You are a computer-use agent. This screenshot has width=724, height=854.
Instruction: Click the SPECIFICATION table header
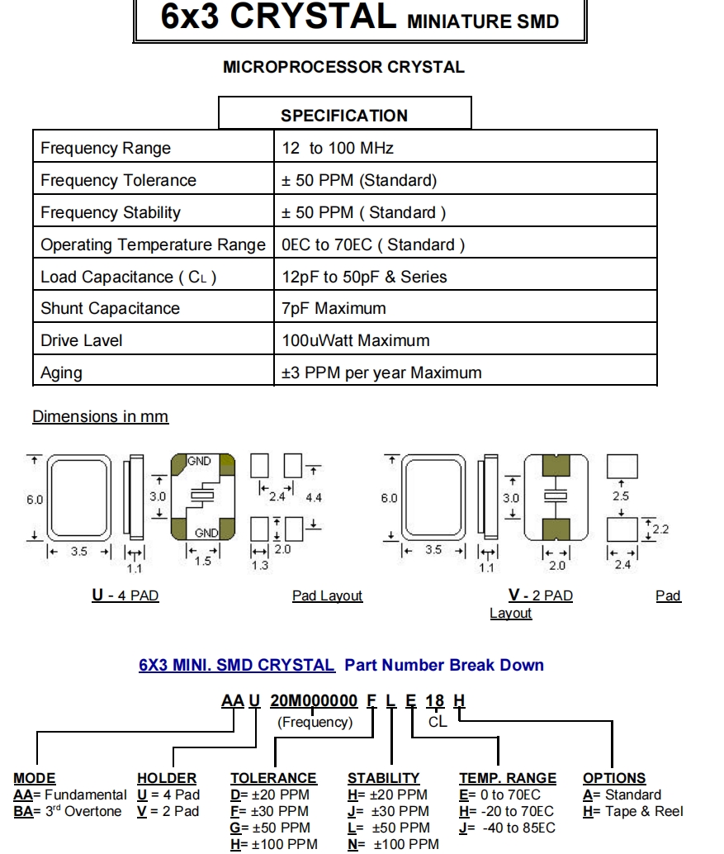[344, 116]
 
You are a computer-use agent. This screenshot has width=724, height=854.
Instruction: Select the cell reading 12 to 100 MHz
[338, 149]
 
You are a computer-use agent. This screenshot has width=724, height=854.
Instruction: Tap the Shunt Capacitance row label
[110, 309]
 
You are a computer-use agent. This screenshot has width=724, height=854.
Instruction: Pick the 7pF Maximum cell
[334, 309]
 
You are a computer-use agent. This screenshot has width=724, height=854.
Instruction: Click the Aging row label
[61, 373]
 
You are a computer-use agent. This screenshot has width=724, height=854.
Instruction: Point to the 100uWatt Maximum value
[355, 341]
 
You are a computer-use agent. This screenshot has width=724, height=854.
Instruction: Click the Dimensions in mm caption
[100, 417]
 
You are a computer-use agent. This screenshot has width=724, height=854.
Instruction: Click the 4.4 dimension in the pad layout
[314, 499]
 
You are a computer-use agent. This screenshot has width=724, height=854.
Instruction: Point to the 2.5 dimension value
[621, 496]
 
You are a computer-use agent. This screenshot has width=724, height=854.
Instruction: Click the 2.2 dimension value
[660, 529]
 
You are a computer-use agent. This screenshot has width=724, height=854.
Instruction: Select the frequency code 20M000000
[314, 701]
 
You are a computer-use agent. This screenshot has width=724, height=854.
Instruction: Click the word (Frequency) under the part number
[315, 723]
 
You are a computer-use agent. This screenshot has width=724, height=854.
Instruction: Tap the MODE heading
[35, 779]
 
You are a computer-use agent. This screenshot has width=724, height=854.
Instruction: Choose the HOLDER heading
[167, 779]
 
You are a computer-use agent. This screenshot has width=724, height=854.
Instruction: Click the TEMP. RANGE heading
[508, 779]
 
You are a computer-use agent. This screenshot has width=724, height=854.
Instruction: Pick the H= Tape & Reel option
[633, 812]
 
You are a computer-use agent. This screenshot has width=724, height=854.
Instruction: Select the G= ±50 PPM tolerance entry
[270, 828]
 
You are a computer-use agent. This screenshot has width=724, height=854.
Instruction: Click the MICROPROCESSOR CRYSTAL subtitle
[343, 68]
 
